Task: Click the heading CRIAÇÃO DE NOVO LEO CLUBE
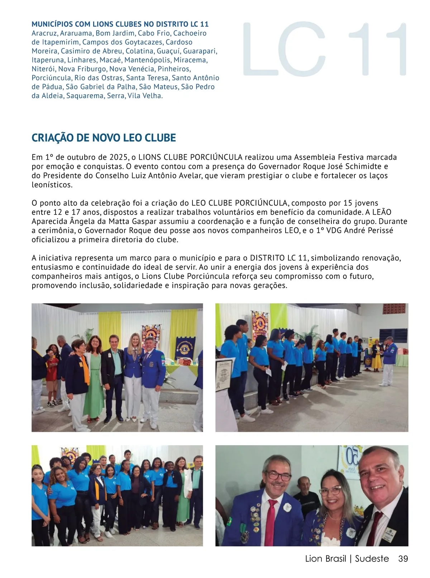click(x=104, y=138)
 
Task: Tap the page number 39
click(x=403, y=559)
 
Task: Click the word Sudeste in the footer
click(x=372, y=559)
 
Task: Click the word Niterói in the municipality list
click(x=43, y=69)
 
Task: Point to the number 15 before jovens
click(x=348, y=203)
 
